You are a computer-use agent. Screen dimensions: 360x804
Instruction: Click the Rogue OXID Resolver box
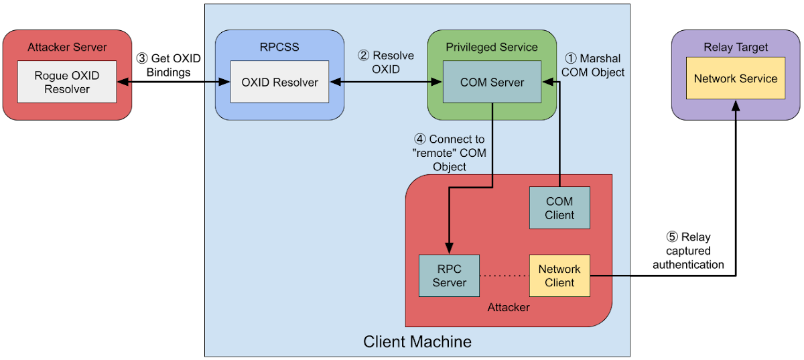pos(67,82)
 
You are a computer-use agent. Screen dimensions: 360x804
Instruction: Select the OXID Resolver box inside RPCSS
pos(279,82)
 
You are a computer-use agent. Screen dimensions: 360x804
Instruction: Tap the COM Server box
pos(492,82)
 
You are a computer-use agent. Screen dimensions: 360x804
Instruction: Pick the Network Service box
pos(735,78)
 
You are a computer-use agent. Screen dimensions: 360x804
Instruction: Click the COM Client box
pos(559,208)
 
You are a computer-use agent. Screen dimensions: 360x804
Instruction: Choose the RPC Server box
pos(449,276)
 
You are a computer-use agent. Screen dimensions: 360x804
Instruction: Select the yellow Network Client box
pos(559,276)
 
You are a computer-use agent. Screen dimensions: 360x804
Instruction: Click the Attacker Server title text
pos(67,47)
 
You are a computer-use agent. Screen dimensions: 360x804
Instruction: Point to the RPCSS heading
pos(279,47)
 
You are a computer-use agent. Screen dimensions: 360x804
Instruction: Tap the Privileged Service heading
pos(492,47)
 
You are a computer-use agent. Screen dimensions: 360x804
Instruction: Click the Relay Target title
pos(735,47)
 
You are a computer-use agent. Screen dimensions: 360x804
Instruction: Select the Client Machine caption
pos(417,341)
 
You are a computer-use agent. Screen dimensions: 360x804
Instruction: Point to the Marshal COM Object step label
pos(592,65)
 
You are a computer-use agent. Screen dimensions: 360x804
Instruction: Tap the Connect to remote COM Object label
pos(450,153)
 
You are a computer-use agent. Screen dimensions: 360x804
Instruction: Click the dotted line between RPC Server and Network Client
pos(504,276)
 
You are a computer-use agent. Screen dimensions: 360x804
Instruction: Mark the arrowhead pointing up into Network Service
pos(736,105)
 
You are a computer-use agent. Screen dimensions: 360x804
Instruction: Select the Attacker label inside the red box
pos(509,307)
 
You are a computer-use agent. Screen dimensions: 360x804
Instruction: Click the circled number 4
pos(420,139)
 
